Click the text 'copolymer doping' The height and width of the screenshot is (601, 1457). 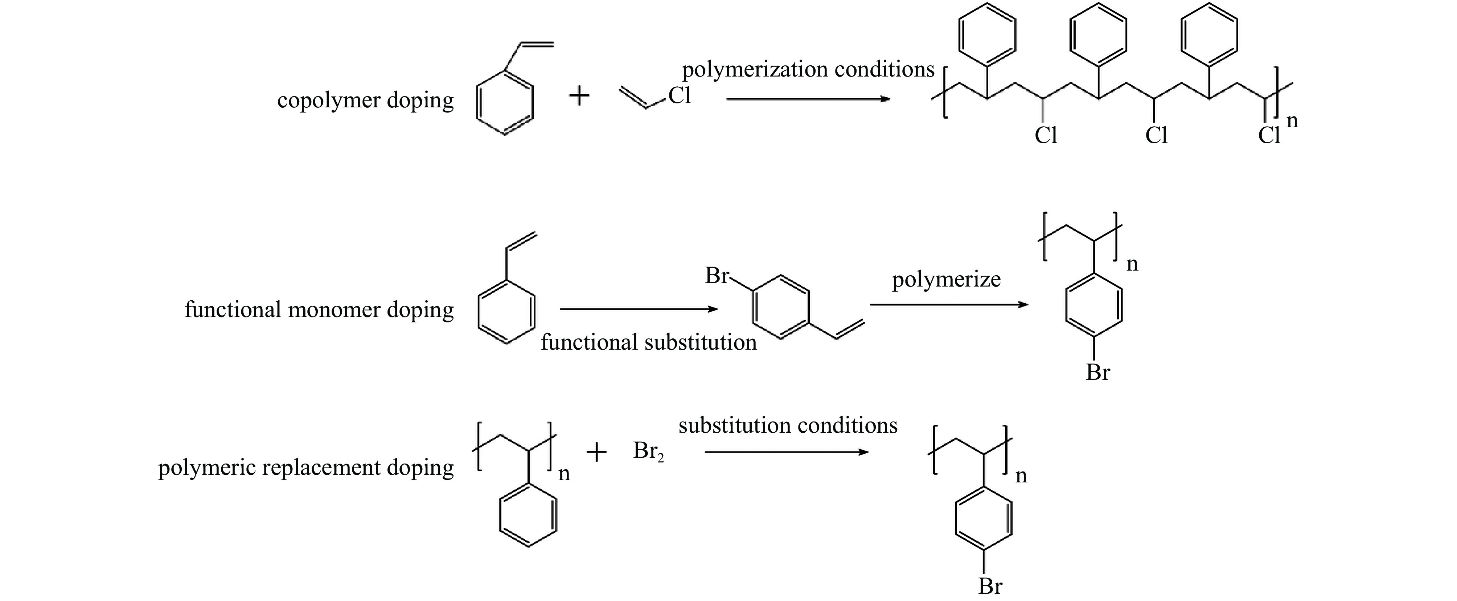[365, 100]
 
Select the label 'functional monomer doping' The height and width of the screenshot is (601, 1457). [319, 310]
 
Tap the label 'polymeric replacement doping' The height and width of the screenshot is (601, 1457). [305, 468]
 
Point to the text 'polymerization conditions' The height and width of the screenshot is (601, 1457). [808, 70]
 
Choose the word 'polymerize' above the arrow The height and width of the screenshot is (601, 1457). [946, 279]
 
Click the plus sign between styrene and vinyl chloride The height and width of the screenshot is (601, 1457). [579, 95]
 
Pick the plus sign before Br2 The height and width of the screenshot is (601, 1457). [596, 452]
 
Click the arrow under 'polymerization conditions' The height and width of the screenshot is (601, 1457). [808, 99]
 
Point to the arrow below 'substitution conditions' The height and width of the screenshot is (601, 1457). [786, 452]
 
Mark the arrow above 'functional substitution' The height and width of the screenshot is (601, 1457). [638, 309]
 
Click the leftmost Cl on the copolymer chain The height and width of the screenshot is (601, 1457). [1045, 136]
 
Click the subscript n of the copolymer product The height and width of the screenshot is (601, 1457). [1292, 120]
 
